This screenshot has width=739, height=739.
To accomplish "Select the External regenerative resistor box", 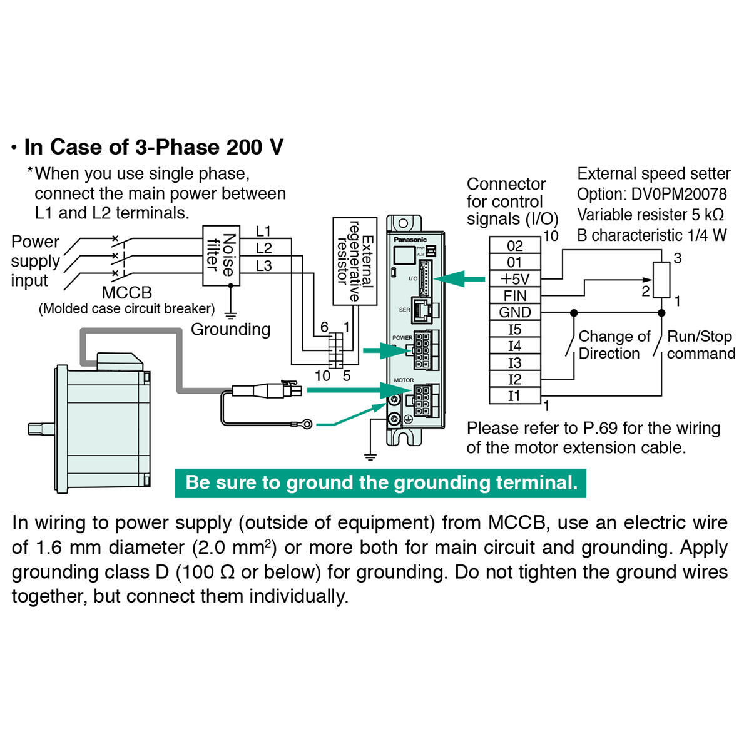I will tap(355, 261).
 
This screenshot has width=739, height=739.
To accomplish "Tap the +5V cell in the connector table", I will tap(514, 279).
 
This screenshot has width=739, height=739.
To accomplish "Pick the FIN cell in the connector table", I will tap(514, 295).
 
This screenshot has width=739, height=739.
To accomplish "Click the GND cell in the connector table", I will tap(514, 312).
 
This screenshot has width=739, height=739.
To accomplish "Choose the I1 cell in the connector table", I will tap(514, 395).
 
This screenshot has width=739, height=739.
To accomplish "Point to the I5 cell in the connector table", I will tap(514, 329).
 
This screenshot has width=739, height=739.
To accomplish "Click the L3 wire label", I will tap(264, 266).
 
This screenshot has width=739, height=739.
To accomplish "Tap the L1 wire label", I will tap(264, 231).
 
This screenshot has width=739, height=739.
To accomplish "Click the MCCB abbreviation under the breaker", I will tap(127, 293).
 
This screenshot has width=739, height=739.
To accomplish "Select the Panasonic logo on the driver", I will tap(410, 240).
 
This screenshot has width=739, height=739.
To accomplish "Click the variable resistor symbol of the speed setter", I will tap(661, 280).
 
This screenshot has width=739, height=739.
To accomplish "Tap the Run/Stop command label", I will tap(700, 345).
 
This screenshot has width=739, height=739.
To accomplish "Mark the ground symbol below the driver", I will tap(370, 456).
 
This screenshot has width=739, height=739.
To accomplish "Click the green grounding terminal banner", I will tap(380, 483).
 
